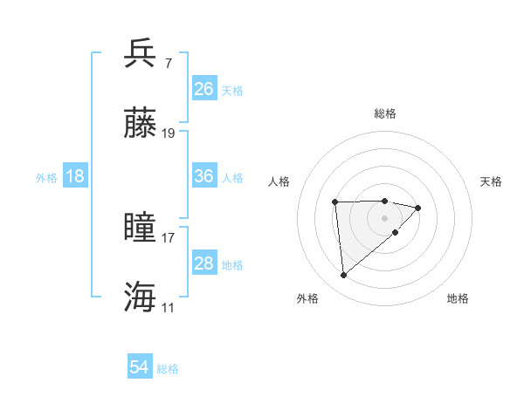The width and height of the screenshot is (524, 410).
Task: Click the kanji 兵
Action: tap(141, 54)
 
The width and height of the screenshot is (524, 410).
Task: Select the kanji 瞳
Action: tap(141, 228)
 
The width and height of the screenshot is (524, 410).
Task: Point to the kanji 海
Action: tap(141, 297)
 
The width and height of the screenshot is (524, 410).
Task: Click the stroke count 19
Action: tap(169, 133)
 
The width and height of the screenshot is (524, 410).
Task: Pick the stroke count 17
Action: tap(169, 237)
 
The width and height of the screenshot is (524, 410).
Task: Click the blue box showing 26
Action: tap(203, 89)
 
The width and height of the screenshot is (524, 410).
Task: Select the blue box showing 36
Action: tap(203, 176)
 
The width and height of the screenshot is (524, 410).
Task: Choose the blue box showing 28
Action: tap(203, 263)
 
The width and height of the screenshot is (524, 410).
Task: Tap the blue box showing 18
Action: tap(75, 176)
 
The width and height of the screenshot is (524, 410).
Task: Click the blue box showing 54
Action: tap(140, 368)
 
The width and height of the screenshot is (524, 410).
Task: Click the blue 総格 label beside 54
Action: tap(168, 369)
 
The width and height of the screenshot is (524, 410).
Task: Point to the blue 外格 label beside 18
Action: tap(46, 178)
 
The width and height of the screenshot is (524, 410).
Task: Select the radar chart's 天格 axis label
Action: tap(491, 181)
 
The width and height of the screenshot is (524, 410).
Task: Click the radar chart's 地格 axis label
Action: tap(458, 298)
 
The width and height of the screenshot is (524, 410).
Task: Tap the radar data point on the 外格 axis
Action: tap(344, 276)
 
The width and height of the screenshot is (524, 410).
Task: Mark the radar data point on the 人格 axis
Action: tap(335, 202)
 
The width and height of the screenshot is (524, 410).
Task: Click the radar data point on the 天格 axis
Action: tap(418, 208)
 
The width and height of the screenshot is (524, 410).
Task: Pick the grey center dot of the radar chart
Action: tap(385, 217)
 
